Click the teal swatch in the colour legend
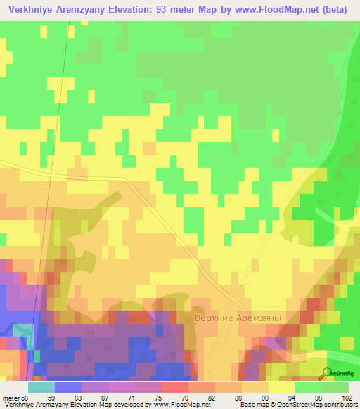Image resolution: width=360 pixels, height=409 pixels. click(41, 387)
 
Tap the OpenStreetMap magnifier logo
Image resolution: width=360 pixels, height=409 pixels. click(327, 373)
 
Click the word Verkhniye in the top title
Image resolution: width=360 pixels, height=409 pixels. click(31, 9)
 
